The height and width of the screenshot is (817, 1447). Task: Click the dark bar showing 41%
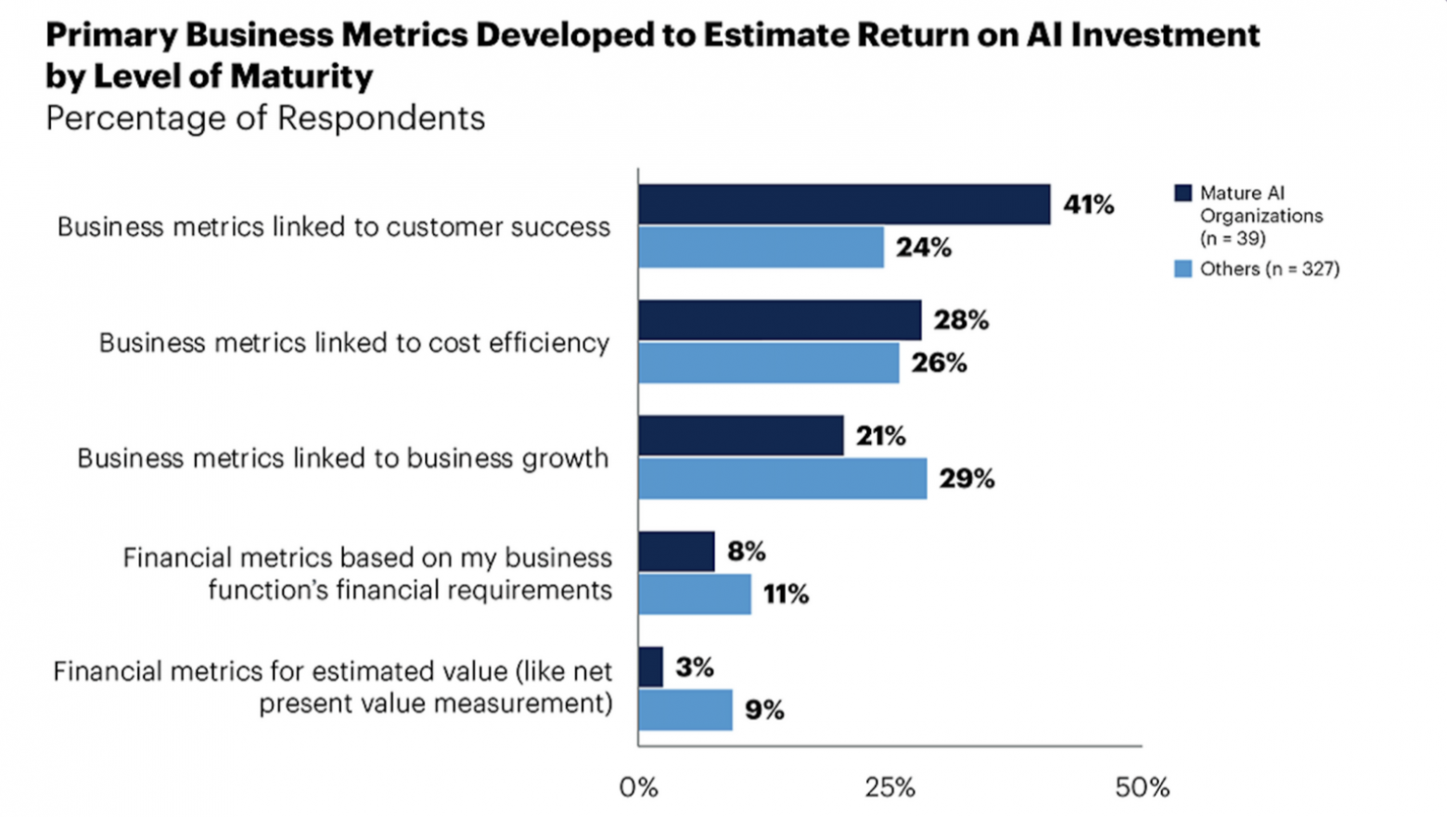844,204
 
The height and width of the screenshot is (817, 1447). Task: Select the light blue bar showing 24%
761,248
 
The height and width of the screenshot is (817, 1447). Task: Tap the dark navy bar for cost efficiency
779,320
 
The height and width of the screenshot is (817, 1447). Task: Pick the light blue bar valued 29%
782,479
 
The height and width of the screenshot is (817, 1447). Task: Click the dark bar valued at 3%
651,667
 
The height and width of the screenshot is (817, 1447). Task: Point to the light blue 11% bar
695,594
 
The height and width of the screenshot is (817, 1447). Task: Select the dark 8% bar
676,552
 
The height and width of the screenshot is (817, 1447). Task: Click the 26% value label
939,363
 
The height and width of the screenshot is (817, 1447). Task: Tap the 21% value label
880,436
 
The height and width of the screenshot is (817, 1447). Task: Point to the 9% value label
764,710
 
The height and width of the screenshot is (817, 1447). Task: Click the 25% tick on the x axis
890,788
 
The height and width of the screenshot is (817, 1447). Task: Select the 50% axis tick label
1142,788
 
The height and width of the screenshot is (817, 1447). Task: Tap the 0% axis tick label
638,788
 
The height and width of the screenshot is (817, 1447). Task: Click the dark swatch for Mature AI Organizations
1183,193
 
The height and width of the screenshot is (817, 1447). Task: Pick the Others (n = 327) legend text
1269,269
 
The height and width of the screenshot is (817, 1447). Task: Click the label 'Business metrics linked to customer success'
334,227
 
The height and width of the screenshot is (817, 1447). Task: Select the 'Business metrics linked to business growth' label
343,458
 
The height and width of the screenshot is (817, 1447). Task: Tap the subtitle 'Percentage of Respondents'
265,119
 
